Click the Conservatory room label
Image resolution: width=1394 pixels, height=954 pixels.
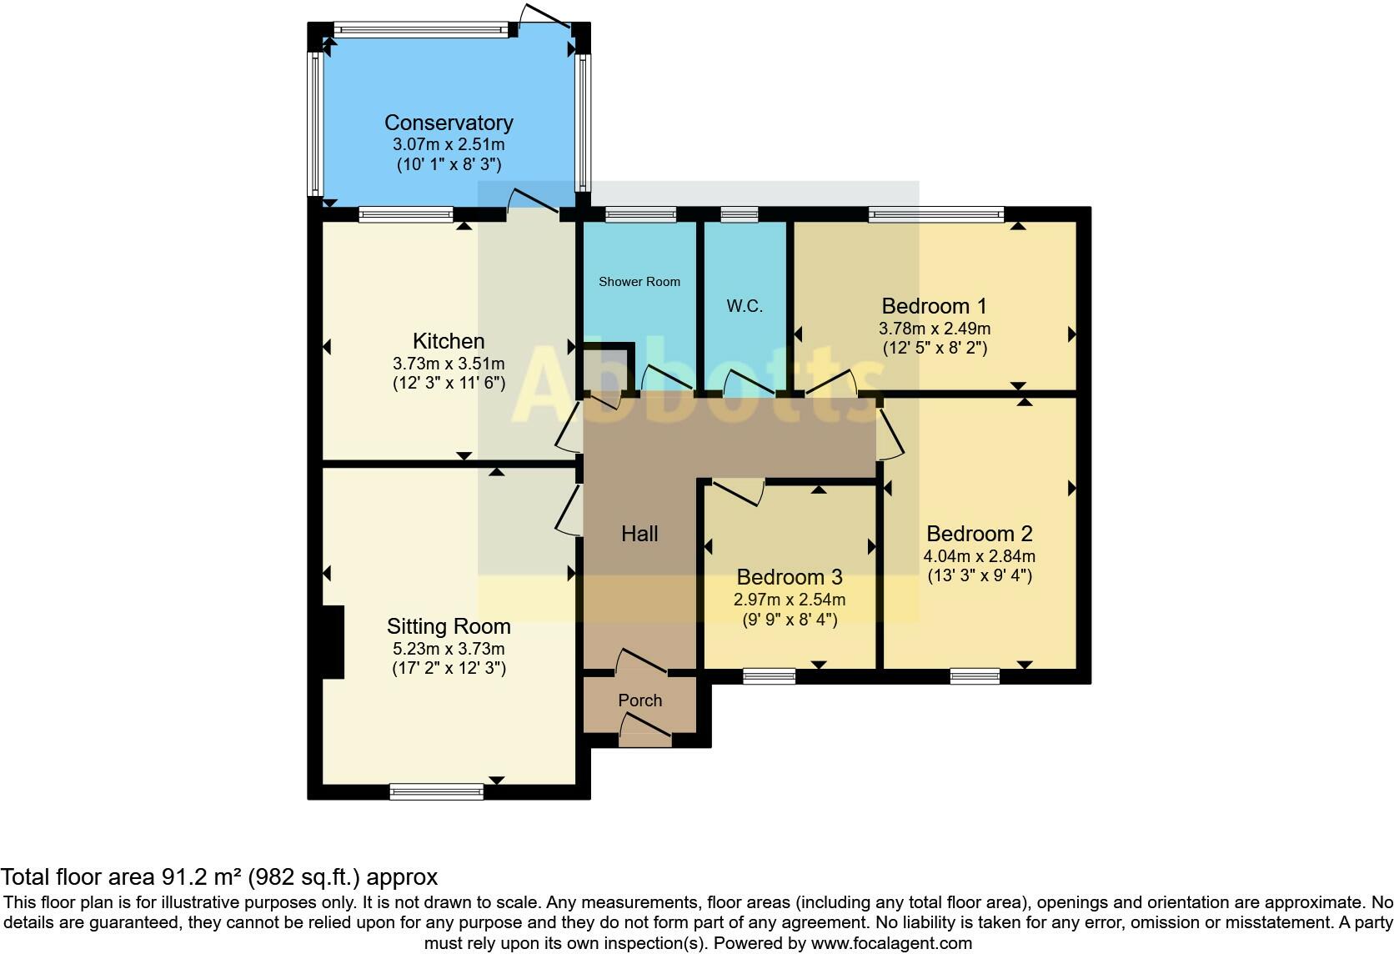tap(448, 123)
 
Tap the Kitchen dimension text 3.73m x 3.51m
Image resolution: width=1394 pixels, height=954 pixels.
tap(448, 364)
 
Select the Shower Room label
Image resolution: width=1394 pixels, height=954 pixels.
tap(639, 282)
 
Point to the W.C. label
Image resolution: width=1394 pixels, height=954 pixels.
tap(745, 306)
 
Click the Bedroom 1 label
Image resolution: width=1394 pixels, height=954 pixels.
tap(934, 306)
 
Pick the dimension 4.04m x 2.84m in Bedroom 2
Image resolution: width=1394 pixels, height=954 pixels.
tap(979, 556)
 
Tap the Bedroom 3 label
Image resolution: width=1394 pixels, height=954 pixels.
tap(789, 577)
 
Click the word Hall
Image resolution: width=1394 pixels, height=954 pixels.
tap(639, 534)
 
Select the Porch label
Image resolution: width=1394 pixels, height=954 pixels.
tap(640, 700)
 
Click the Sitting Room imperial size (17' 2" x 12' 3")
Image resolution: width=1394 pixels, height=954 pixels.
tap(448, 668)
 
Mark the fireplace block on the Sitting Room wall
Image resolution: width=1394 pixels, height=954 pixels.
tap(333, 642)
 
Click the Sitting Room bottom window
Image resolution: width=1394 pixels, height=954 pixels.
tap(436, 791)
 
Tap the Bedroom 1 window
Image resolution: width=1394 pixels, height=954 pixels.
tap(935, 215)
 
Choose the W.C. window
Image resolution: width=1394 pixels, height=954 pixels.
tap(740, 215)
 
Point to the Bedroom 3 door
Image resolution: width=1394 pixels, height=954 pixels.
tap(737, 492)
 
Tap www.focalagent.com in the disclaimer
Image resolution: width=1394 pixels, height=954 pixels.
tap(891, 944)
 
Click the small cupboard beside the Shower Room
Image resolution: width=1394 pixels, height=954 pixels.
tap(607, 369)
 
